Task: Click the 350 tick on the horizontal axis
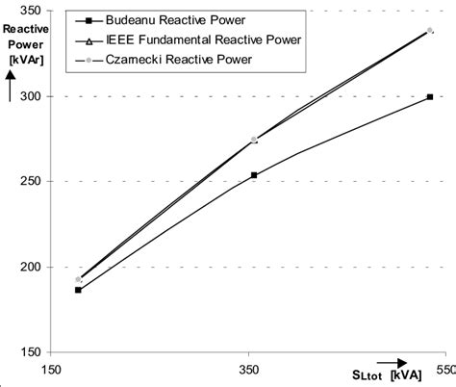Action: [249, 369]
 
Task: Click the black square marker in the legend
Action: [89, 20]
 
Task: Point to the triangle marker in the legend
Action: [89, 41]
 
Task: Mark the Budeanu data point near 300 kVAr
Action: [429, 96]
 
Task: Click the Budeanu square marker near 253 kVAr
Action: [254, 175]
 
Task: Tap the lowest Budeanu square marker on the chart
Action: [79, 290]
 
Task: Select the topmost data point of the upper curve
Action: [429, 31]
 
